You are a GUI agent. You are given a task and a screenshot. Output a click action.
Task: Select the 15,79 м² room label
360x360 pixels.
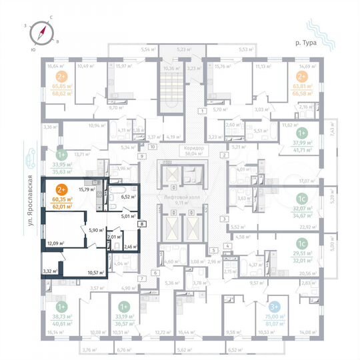[86, 190]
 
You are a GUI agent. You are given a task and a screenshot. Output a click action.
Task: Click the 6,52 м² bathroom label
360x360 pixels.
[129, 197]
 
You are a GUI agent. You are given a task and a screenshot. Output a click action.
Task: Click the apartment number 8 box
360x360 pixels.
[142, 225]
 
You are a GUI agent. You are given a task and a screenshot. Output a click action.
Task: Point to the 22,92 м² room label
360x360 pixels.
[309, 227]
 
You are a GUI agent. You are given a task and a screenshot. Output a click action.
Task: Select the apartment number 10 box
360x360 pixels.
[152, 146]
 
